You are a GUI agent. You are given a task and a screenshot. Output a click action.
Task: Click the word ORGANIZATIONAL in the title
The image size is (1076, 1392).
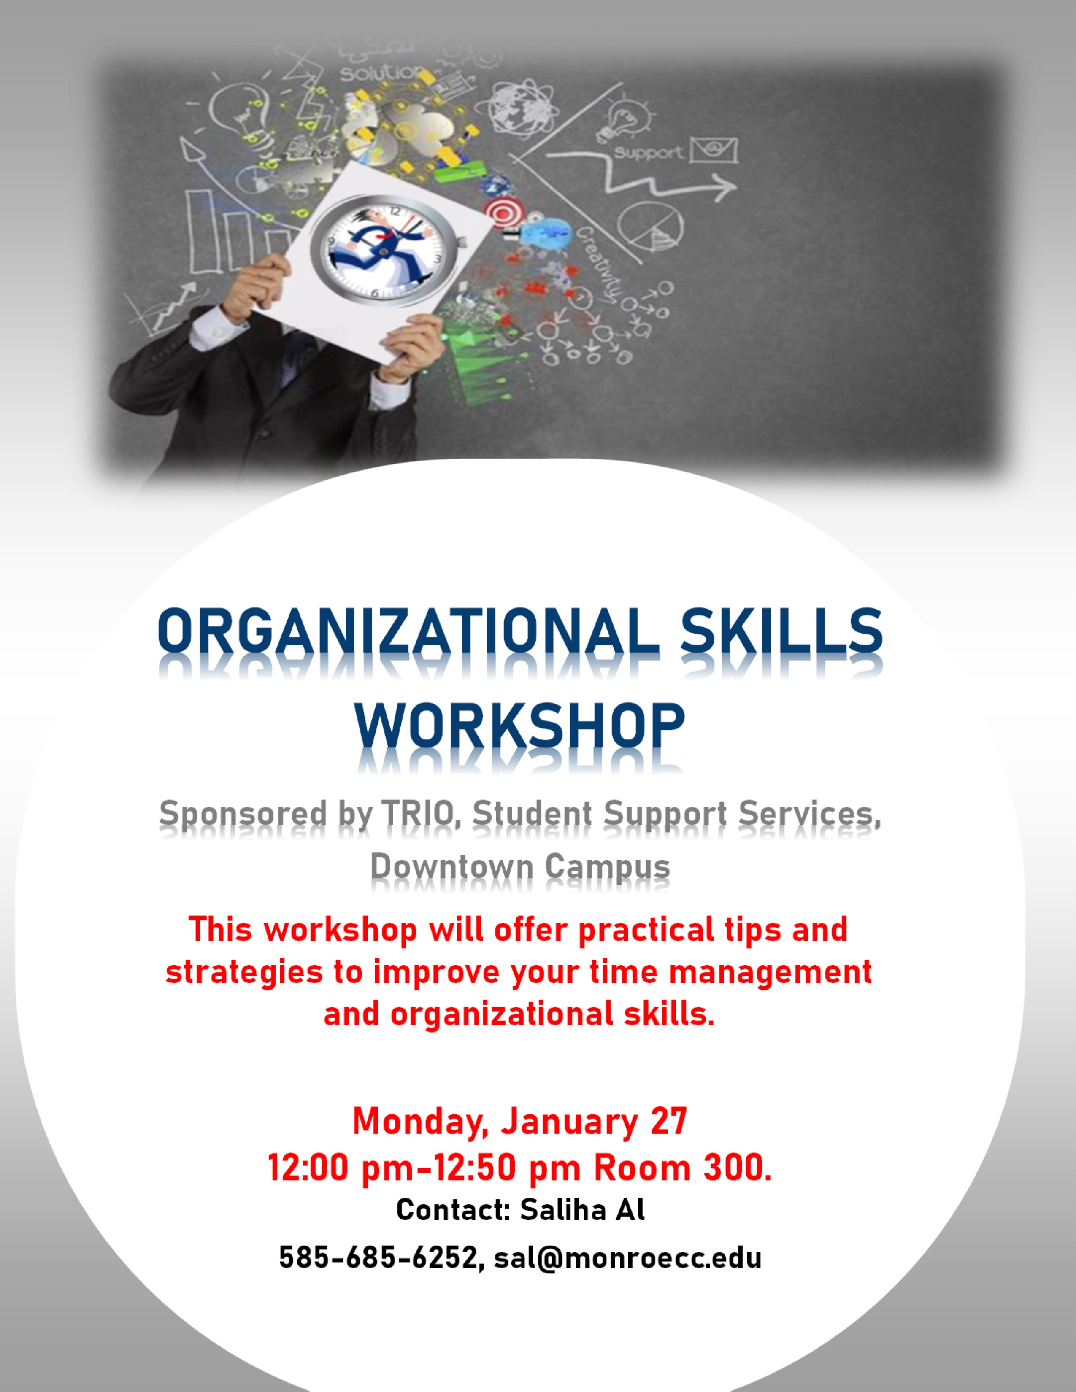pos(408,630)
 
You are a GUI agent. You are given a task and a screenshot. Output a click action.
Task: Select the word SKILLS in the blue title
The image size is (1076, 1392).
pos(781,630)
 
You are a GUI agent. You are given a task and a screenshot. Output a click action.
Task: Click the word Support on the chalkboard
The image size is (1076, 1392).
pos(648,154)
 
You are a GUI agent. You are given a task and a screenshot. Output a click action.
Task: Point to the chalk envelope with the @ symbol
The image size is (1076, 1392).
pos(714,151)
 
